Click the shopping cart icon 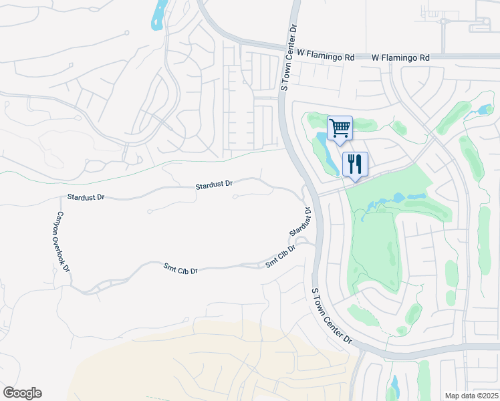point(340,128)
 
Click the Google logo point(22,393)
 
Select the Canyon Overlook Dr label point(62,241)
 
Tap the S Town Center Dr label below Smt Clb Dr point(332,315)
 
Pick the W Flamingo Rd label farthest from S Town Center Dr point(400,58)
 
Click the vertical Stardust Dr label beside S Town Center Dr point(301,222)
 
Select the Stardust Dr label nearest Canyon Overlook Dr point(86,198)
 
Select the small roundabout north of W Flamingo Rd point(443,21)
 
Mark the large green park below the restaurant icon point(378,247)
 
